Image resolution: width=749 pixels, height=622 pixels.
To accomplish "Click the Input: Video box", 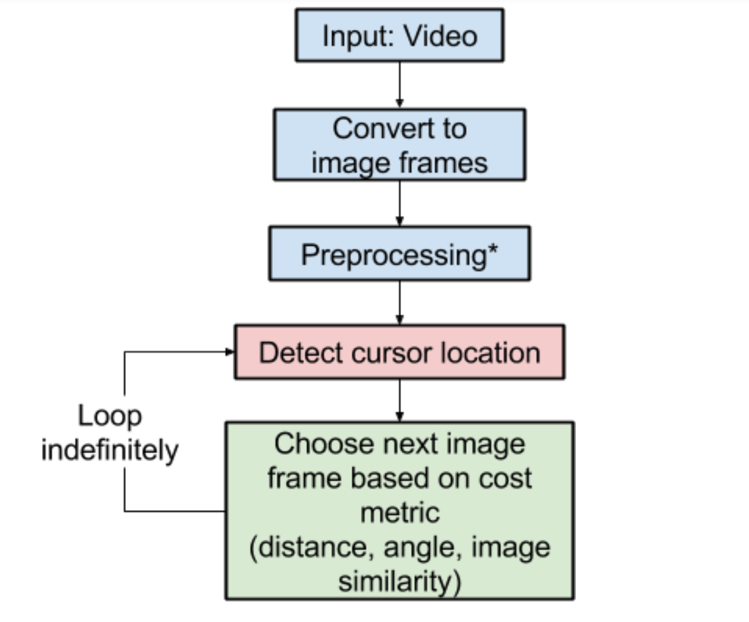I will coord(399,35).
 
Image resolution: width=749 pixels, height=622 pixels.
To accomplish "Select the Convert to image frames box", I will coord(399,145).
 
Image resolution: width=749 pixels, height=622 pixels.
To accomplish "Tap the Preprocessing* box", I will coord(399,253).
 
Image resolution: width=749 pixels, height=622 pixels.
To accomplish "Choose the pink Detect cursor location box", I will coord(399,352).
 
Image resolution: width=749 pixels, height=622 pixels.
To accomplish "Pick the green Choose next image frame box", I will coord(399,511).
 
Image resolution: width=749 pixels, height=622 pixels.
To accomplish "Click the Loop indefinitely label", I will coord(110,433).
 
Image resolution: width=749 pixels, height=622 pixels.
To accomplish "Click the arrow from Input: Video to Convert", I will coord(399,85).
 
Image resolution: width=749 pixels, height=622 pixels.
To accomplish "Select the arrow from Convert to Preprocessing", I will coord(399,203).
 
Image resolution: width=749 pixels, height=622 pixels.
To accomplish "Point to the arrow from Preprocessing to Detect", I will coord(399,302).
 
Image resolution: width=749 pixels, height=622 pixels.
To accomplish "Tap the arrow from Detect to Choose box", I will coord(399,400).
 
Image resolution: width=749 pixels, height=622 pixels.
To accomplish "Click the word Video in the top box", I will coord(440,36).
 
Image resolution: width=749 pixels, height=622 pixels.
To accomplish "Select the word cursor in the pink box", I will coord(389,353).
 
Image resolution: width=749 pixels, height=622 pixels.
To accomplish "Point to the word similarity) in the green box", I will coord(399,581).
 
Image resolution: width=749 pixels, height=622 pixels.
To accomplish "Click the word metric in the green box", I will coord(399,513).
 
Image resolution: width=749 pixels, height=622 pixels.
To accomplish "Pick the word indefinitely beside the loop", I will coord(110,450).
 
